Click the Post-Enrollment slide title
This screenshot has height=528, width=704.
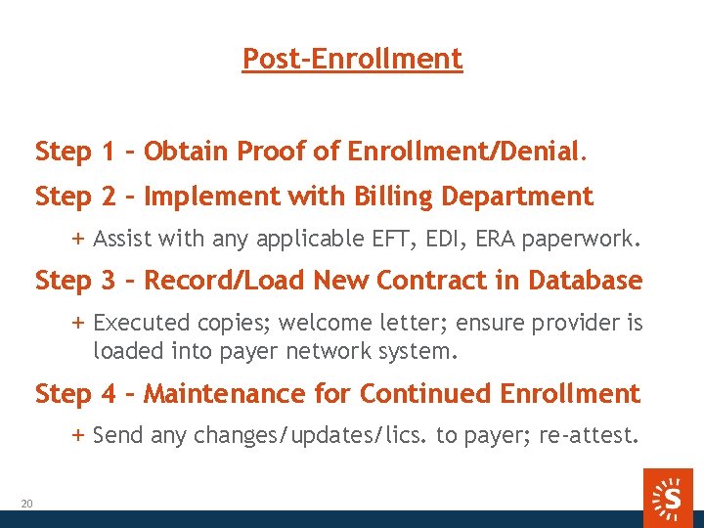[x=352, y=59]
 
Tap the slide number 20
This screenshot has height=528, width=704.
[x=26, y=504]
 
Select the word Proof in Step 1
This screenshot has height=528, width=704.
[x=267, y=152]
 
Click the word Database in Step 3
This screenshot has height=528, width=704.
[x=585, y=281]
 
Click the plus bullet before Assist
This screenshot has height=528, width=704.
[x=78, y=238]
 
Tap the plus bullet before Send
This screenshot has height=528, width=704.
[x=78, y=435]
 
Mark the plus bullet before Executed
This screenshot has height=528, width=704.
[x=78, y=323]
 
